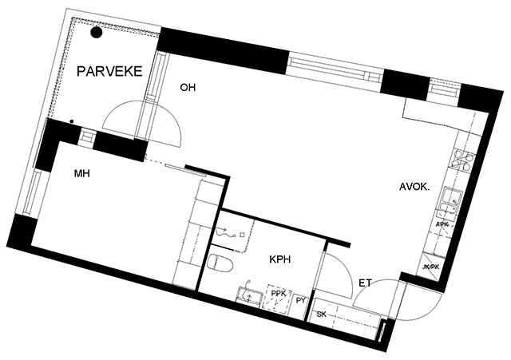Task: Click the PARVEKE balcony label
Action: [109, 71]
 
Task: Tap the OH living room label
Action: [188, 87]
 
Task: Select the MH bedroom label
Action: [81, 174]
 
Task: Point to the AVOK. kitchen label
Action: [414, 187]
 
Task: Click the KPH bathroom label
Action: [280, 259]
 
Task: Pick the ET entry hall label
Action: [365, 283]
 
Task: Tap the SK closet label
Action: [321, 315]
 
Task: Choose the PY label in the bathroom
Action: [300, 301]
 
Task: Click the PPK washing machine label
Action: [279, 293]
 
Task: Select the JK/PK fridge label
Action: [431, 267]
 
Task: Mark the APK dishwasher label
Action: [442, 224]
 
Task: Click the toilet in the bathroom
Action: [220, 263]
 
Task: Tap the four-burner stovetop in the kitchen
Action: [462, 160]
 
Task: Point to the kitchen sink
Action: [451, 202]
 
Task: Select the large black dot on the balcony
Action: [96, 32]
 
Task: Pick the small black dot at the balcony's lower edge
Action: [72, 121]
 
